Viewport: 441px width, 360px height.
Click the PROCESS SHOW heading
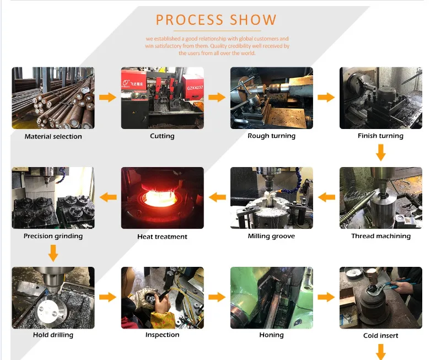pyautogui.click(x=216, y=20)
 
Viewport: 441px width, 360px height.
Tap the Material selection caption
pyautogui.click(x=53, y=137)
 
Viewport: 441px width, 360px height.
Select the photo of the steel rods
pyautogui.click(x=53, y=98)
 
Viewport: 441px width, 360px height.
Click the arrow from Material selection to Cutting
pyautogui.click(x=107, y=98)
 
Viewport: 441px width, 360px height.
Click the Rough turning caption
pyautogui.click(x=271, y=136)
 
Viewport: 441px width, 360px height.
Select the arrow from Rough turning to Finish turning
pyautogui.click(x=326, y=98)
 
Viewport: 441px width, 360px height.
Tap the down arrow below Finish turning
pyautogui.click(x=380, y=152)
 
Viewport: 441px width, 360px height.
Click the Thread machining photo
pyautogui.click(x=381, y=198)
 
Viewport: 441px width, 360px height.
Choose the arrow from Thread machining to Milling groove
pyautogui.click(x=326, y=197)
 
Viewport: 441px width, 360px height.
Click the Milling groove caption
pyautogui.click(x=271, y=237)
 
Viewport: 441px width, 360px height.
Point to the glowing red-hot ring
pyautogui.click(x=162, y=196)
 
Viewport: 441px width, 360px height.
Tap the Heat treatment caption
pyautogui.click(x=162, y=237)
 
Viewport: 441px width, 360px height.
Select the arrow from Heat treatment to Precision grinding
pyautogui.click(x=107, y=197)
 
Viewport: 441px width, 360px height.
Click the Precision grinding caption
pyautogui.click(x=53, y=237)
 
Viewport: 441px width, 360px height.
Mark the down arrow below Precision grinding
pyautogui.click(x=53, y=253)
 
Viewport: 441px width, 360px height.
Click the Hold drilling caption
pyautogui.click(x=53, y=335)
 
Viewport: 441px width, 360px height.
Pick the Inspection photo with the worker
pyautogui.click(x=162, y=298)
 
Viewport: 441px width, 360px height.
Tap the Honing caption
pyautogui.click(x=271, y=335)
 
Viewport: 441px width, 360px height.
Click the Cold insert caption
pyautogui.click(x=380, y=336)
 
